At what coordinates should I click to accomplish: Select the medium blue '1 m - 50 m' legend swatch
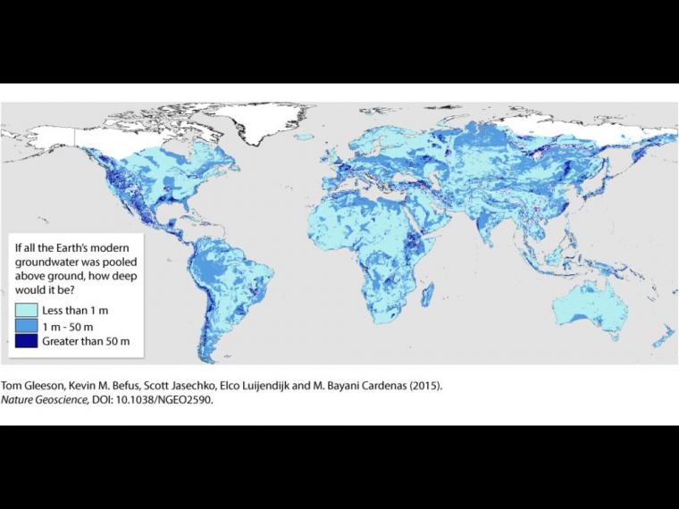(26, 325)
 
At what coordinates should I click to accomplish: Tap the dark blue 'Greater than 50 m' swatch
(26, 341)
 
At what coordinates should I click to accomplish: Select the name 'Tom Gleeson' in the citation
(32, 387)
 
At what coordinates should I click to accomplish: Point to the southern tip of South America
(207, 355)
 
